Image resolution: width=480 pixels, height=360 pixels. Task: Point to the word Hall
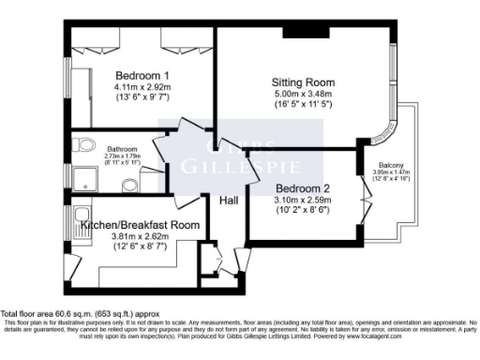click(x=229, y=201)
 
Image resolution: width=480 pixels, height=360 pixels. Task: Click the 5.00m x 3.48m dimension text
click(x=302, y=94)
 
